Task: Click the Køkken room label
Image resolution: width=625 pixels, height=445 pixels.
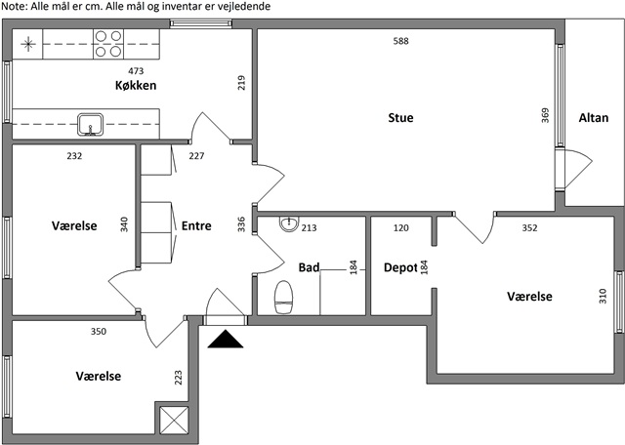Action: pos(136,85)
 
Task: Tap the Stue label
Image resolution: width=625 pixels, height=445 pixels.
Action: pos(400,118)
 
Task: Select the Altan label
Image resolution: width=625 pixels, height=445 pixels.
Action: pos(594,118)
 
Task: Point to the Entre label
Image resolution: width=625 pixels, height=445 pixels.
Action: pos(196,225)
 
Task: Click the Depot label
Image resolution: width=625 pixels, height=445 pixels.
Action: pos(400,267)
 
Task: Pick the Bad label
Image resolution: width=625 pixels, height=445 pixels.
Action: pos(309,267)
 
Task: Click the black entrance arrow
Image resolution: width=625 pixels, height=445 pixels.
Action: pos(226,339)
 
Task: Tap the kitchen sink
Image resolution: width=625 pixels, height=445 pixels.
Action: pos(91,124)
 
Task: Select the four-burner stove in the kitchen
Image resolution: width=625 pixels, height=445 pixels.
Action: pos(108,44)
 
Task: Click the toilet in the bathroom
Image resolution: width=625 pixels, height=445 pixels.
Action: pos(284,298)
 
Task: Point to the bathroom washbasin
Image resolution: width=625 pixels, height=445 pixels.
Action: pos(289,223)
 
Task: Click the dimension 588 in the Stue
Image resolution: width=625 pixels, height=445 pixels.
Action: pos(400,41)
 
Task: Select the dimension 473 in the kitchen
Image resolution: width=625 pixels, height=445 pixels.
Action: pos(136,71)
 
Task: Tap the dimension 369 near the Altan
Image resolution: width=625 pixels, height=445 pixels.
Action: pos(545,115)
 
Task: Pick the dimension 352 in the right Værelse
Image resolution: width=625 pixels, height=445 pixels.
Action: pos(529,228)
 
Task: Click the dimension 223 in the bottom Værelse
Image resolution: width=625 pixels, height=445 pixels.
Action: pos(178,378)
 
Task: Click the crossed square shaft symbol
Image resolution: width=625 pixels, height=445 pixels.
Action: pos(174,420)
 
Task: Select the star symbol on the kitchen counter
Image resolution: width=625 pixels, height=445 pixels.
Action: pos(28,44)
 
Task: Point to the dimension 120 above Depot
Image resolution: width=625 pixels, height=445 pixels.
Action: pos(401,228)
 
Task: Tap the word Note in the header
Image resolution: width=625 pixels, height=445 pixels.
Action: pos(14,7)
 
